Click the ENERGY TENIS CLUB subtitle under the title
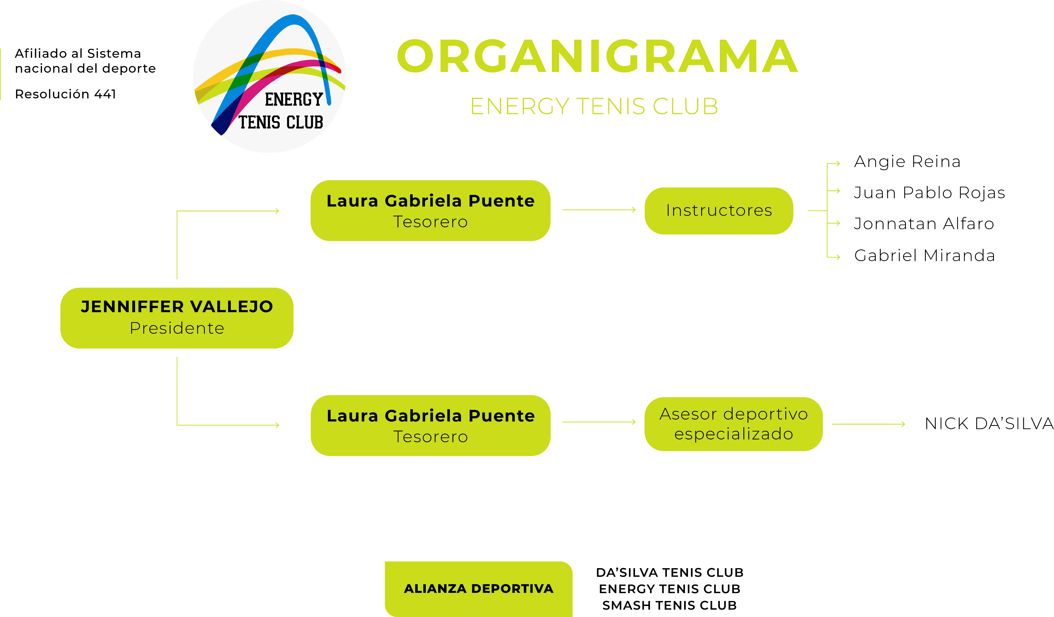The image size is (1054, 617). [594, 106]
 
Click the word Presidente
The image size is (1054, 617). [177, 328]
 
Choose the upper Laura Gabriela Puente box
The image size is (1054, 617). [430, 210]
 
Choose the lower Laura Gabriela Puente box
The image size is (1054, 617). [430, 425]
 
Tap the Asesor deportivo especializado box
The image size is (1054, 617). [733, 424]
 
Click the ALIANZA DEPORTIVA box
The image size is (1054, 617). [479, 589]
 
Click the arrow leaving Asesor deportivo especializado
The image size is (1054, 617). [868, 424]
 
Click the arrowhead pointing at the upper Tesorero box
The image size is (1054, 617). [277, 211]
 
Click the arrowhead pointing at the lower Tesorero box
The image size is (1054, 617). [277, 425]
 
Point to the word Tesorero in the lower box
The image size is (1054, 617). [430, 437]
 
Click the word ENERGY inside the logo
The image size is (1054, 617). [293, 100]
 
